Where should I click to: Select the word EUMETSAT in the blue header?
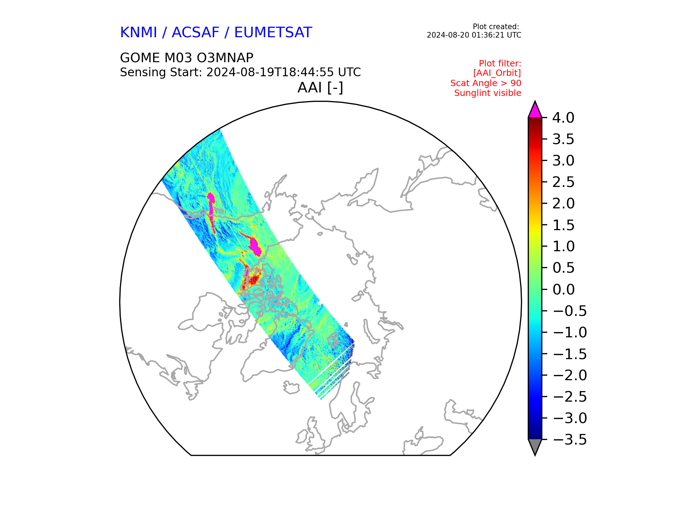[273, 32]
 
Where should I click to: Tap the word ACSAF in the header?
[195, 32]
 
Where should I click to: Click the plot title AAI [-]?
[320, 87]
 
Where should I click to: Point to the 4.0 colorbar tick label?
[563, 118]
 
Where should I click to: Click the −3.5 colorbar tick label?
[570, 440]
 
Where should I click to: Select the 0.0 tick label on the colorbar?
[563, 290]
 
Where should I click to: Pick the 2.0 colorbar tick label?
[563, 204]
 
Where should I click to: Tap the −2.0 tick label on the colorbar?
[570, 375]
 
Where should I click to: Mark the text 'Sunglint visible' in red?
[488, 93]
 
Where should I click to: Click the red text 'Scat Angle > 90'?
[486, 83]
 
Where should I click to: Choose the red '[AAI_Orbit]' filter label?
[497, 73]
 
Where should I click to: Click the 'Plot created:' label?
[496, 27]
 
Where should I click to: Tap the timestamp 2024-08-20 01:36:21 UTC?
[474, 35]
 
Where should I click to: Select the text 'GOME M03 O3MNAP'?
[187, 58]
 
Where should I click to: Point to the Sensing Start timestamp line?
[240, 72]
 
